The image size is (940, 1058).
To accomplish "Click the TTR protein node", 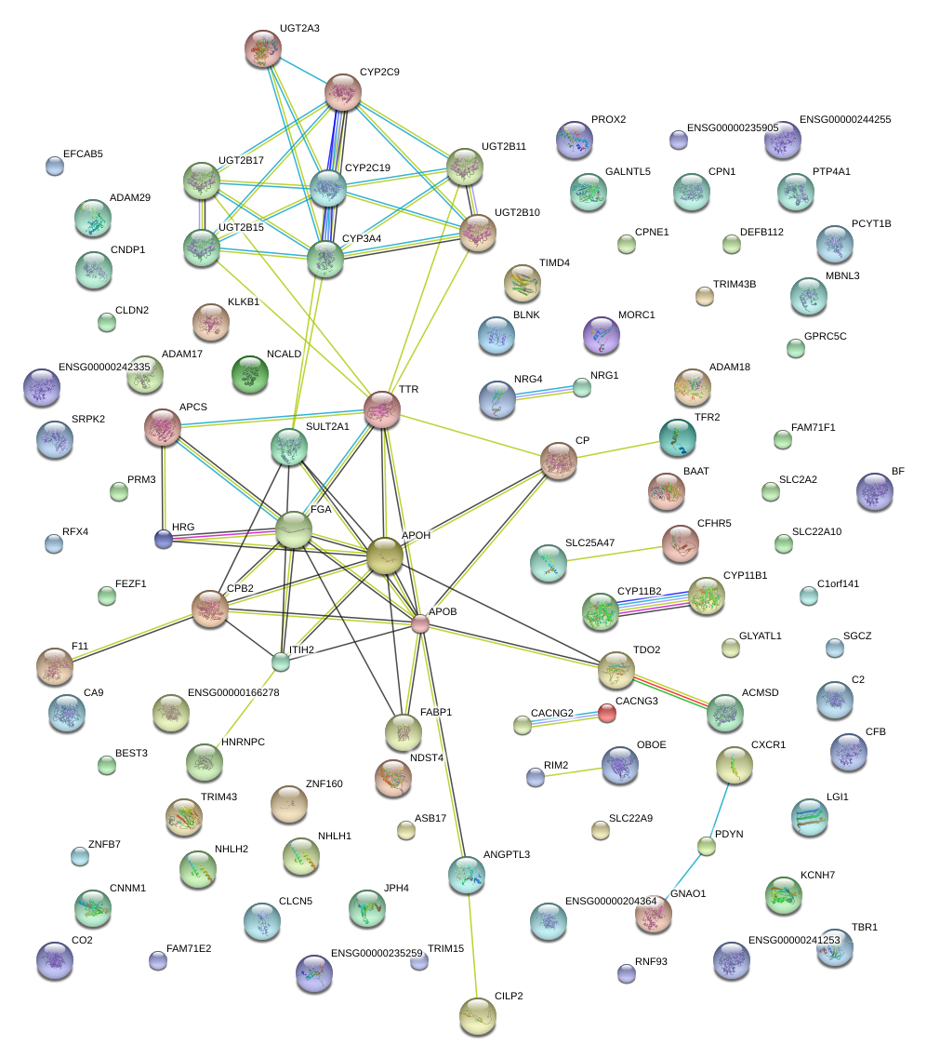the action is point(381,408).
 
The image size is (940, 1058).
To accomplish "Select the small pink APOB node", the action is point(420,623).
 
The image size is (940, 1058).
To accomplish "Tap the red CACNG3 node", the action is point(607,713).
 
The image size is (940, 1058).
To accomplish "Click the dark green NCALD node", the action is point(250,374).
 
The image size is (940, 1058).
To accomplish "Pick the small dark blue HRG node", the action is point(164,539).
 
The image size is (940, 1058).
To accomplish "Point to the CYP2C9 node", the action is point(343,92).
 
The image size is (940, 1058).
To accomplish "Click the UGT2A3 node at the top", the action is point(262,48).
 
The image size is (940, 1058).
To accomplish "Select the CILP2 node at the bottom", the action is point(477,1016).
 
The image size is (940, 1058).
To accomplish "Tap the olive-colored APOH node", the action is point(384,556).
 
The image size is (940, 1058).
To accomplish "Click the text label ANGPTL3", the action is point(507,854).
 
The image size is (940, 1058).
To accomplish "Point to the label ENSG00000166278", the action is point(233,692).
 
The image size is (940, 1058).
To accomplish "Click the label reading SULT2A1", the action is point(327,426).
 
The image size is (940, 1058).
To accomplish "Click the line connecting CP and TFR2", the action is point(617,450).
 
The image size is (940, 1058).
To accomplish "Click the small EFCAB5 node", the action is point(55,166).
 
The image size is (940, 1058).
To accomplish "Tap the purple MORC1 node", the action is point(602,335).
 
